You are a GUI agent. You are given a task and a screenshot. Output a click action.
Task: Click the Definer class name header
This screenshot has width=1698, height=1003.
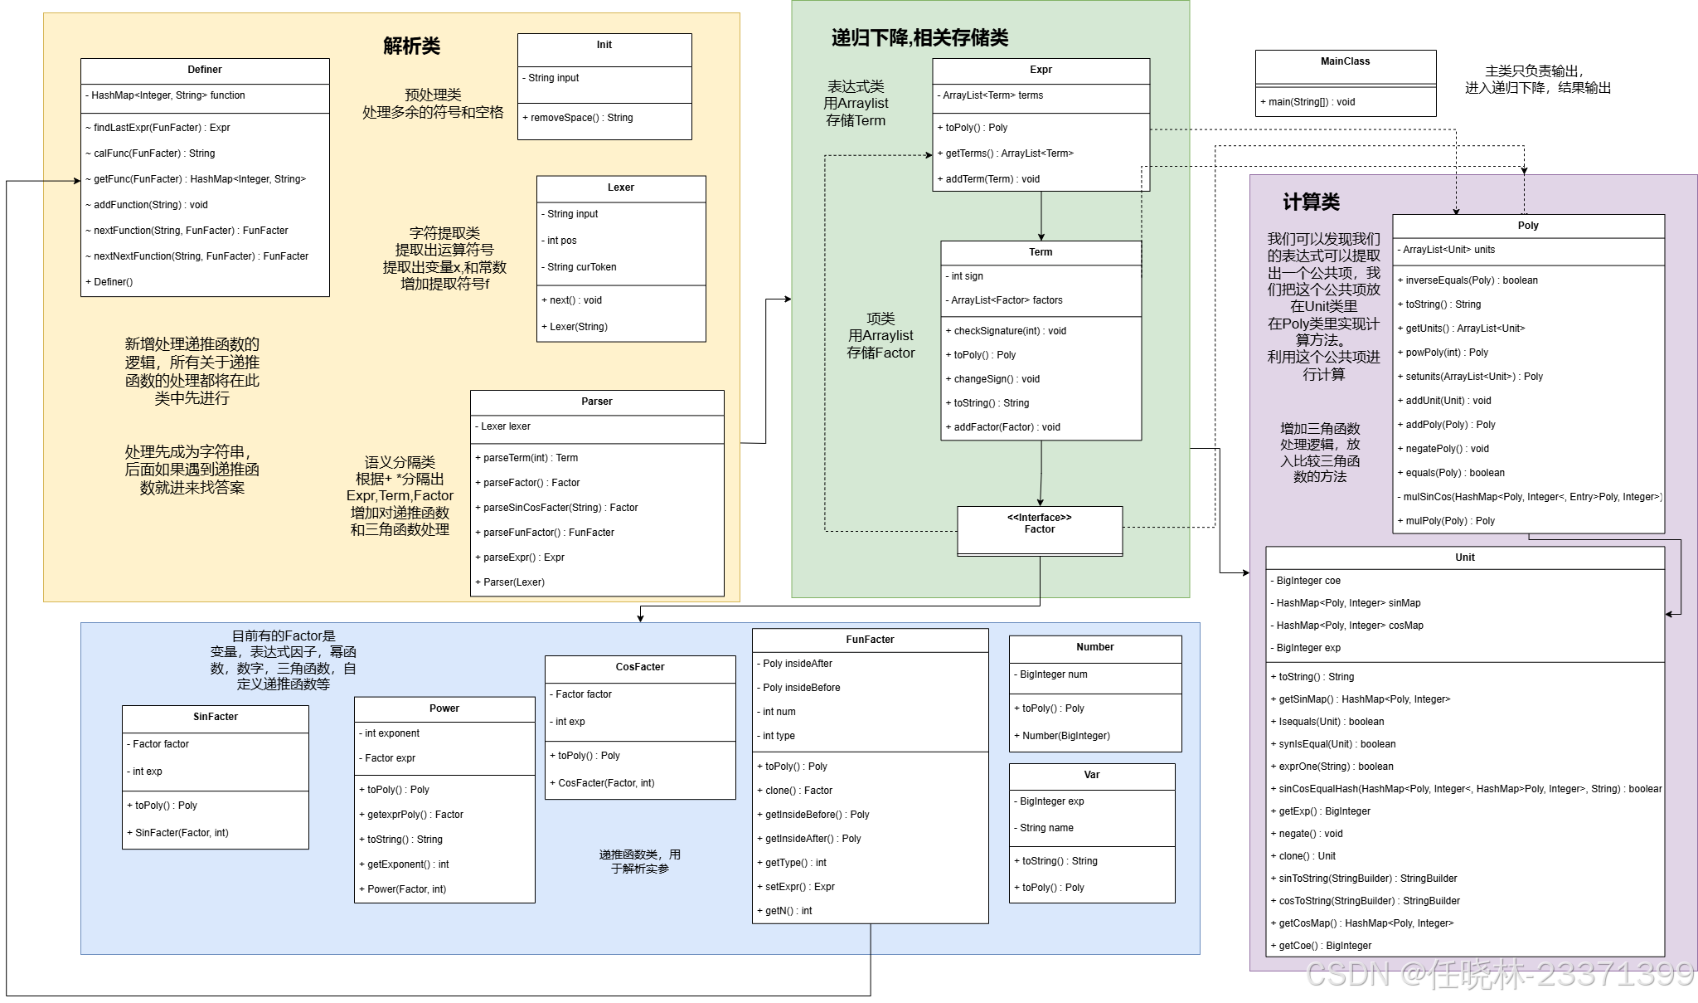[205, 70]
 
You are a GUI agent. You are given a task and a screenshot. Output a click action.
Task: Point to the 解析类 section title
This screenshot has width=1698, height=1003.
[411, 46]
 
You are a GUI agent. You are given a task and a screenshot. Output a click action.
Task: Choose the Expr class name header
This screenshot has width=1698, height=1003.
[1041, 70]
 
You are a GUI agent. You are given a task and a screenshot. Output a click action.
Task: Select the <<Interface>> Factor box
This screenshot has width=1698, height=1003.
[1040, 524]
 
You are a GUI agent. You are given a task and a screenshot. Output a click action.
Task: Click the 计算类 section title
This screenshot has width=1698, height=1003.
[1311, 202]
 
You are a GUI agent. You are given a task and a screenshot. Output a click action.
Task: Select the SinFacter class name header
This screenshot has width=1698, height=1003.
[216, 717]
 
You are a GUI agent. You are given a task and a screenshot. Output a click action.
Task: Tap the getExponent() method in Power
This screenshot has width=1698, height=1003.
[408, 864]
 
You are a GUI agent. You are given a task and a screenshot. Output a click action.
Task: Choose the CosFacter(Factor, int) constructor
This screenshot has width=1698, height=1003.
[606, 783]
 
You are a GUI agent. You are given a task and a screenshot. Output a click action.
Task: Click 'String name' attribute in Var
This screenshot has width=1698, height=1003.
[1046, 828]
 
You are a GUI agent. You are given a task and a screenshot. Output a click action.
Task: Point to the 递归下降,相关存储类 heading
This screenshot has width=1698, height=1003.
[919, 37]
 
